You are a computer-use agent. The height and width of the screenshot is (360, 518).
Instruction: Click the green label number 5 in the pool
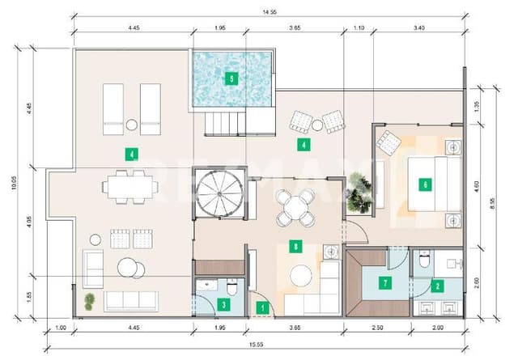[231, 79]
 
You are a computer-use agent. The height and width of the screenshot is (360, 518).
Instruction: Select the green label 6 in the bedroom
[425, 184]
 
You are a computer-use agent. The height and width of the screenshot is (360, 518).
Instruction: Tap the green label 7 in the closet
[385, 283]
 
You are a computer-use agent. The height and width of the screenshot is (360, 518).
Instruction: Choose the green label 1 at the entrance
[261, 307]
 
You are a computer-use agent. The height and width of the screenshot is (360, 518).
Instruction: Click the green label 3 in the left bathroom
[223, 304]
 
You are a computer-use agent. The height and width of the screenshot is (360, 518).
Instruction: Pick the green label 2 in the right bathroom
[438, 285]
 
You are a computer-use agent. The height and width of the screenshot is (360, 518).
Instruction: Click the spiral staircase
[218, 194]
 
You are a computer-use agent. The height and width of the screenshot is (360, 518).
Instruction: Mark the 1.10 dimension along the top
[359, 28]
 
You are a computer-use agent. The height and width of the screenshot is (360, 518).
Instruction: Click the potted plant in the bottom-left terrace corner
[89, 301]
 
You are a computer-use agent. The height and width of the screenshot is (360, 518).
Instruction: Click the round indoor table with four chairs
[295, 206]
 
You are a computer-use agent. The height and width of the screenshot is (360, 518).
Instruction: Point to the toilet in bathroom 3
[232, 286]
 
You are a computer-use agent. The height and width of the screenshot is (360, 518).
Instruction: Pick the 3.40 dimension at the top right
[418, 28]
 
